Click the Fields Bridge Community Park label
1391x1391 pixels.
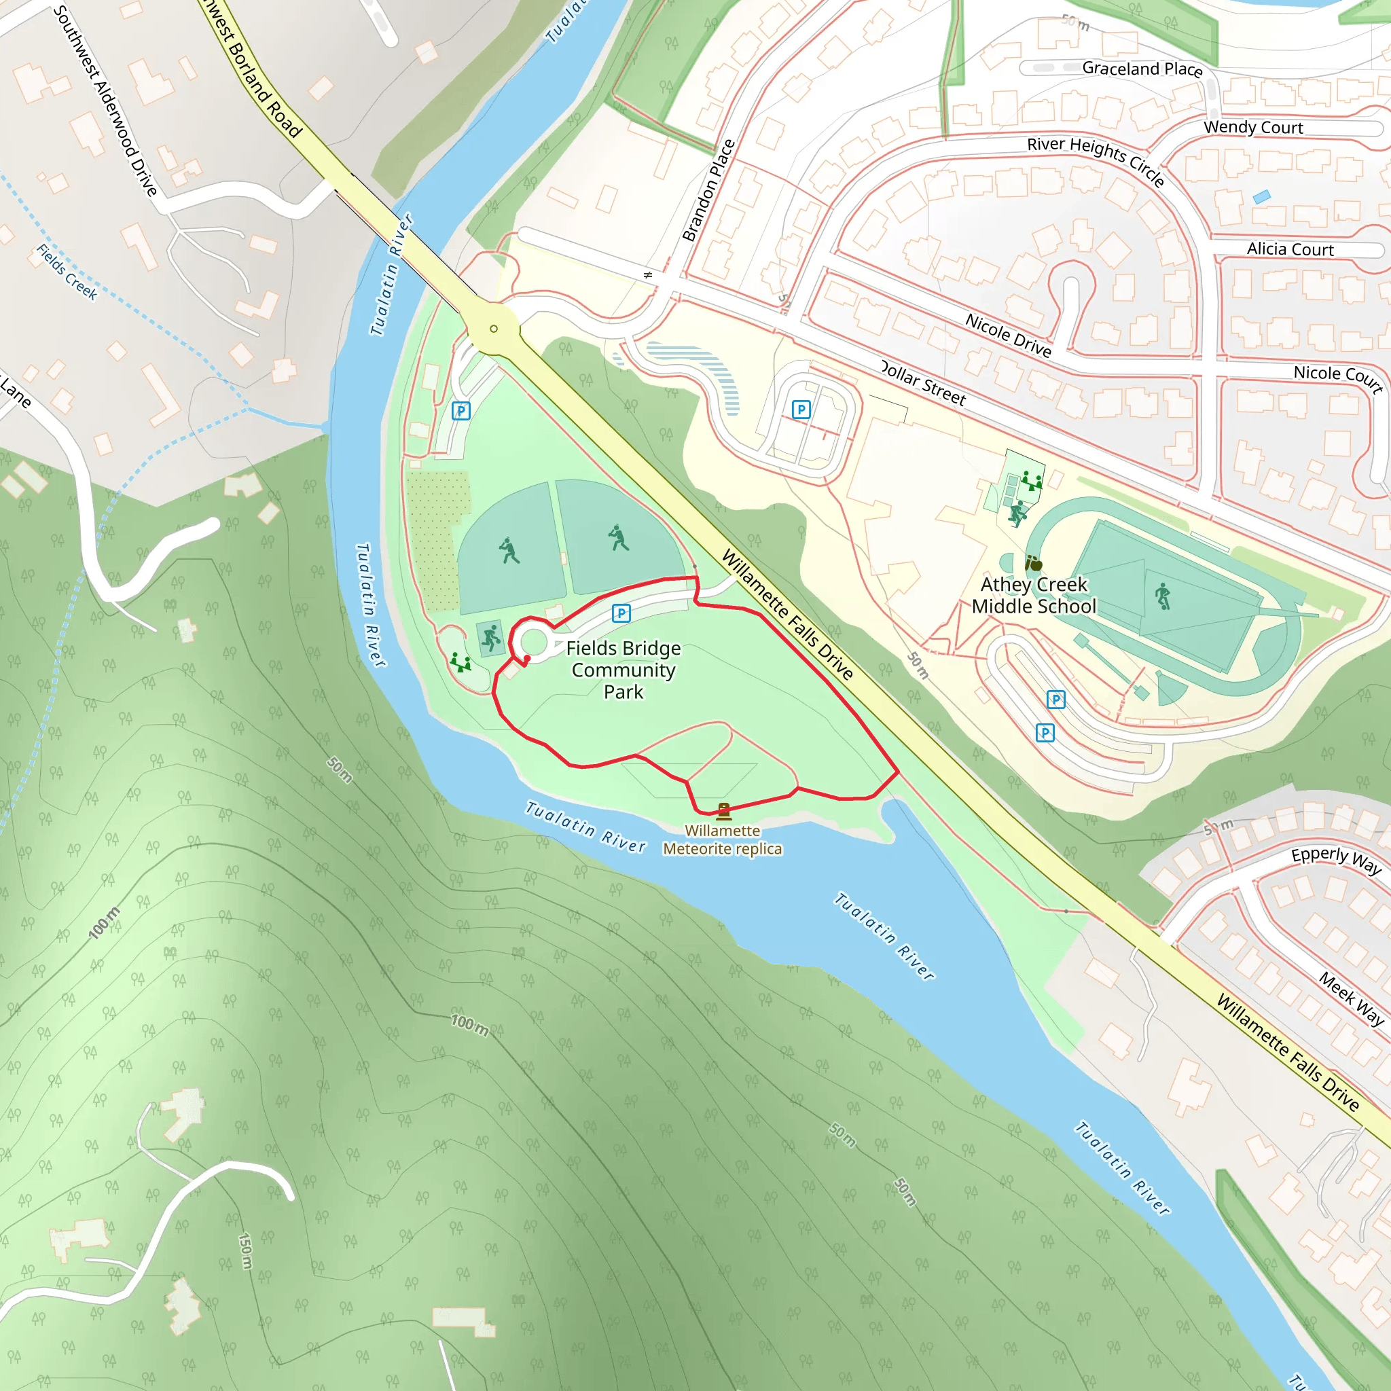[623, 670]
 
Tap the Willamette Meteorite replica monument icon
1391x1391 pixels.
[723, 812]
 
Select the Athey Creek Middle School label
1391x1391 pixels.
[1034, 596]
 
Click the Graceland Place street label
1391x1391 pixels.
[1142, 69]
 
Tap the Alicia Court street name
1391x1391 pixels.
[1290, 249]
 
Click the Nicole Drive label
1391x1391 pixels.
[1008, 336]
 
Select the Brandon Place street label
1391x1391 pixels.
[708, 191]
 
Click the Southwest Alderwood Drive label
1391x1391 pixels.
[105, 101]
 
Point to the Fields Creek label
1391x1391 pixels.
[67, 272]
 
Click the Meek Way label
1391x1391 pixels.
[1352, 998]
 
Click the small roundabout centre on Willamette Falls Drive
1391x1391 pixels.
[493, 329]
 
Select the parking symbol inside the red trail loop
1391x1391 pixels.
[621, 613]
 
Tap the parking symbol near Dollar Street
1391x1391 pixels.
[801, 410]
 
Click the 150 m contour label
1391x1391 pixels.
[245, 1251]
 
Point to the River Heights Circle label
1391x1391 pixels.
[1095, 160]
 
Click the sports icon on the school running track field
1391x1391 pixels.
[1163, 597]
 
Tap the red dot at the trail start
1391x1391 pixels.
[527, 659]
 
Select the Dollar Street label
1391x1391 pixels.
[923, 384]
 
